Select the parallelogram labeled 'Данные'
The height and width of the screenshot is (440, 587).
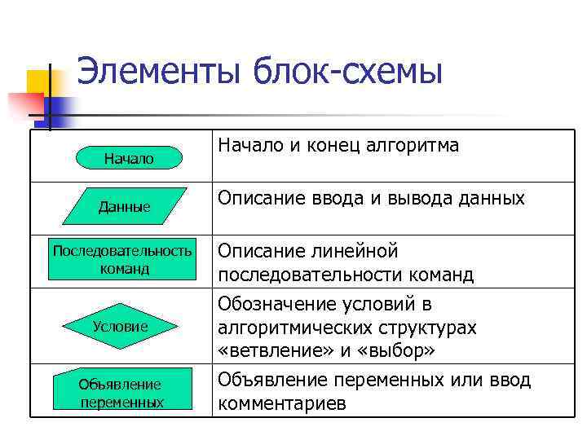[125, 207]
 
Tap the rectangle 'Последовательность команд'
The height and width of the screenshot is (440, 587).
[122, 259]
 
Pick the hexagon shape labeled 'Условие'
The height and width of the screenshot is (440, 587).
[120, 326]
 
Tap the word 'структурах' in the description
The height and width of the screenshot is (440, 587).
[426, 328]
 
